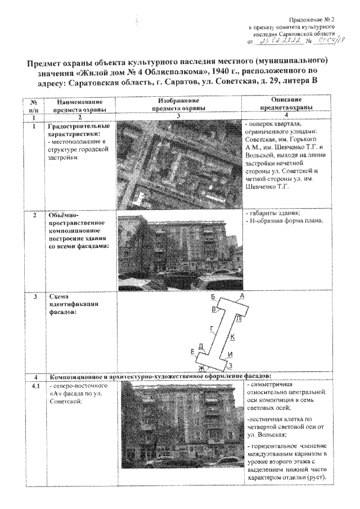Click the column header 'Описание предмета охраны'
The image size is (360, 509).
(x=275, y=104)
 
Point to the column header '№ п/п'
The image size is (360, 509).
(x=34, y=104)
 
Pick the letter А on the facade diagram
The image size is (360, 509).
(x=241, y=296)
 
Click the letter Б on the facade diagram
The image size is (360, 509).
(x=213, y=296)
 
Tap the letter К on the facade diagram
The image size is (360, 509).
(x=232, y=336)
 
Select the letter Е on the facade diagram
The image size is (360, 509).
(x=193, y=352)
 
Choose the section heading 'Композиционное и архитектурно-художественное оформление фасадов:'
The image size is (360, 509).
(x=160, y=376)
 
